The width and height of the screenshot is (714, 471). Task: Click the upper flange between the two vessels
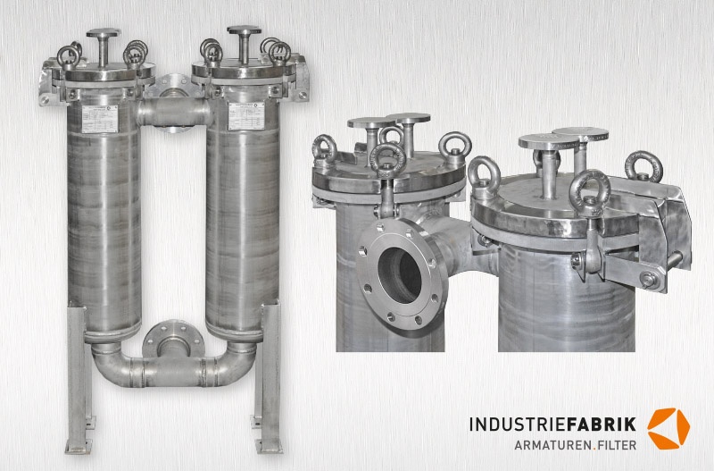(x=173, y=88)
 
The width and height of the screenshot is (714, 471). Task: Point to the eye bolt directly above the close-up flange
(x=388, y=164)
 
